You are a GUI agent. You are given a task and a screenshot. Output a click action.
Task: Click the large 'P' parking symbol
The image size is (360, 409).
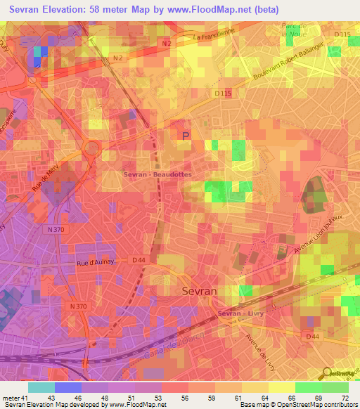coord(186,136)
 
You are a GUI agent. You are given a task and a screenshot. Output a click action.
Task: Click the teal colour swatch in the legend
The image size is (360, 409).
coord(41,387)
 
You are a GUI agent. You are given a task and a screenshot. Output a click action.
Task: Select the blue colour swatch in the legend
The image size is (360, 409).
coord(68,387)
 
